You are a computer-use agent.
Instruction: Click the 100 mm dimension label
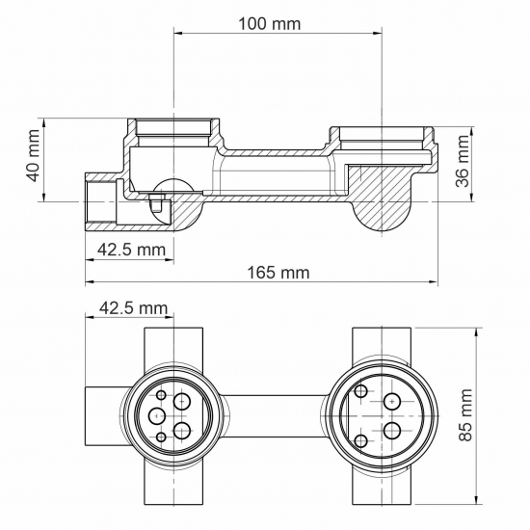click(x=269, y=22)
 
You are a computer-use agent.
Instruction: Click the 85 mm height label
click(x=466, y=414)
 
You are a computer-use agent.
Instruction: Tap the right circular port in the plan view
click(x=382, y=414)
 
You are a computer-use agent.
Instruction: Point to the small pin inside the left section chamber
click(x=154, y=203)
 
